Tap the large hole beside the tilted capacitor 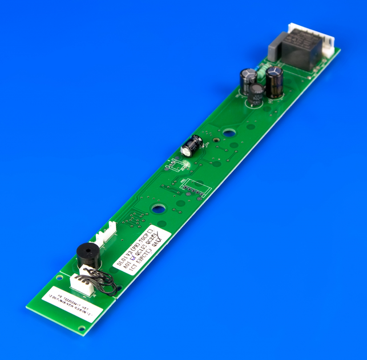coord(228,133)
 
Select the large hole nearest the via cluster coord(158,209)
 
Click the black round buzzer coord(88,257)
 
